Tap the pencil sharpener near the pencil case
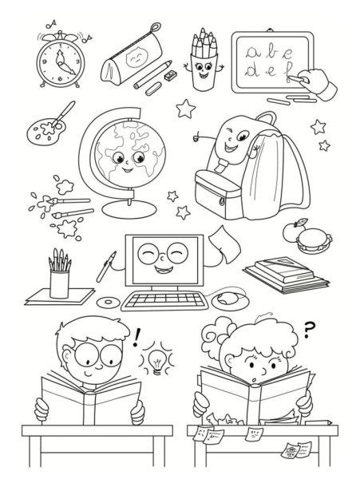coord(170,74)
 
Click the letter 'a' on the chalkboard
coord(253,53)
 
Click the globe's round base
coord(129,209)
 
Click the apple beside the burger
coord(292,232)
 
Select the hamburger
coord(314,240)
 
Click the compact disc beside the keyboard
coord(108,302)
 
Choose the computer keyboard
coord(164,301)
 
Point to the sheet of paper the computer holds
coord(225,244)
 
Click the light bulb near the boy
coord(157,360)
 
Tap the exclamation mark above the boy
coord(136,338)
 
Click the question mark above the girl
coord(308,331)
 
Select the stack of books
coord(287,275)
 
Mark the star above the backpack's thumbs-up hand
coord(186,109)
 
